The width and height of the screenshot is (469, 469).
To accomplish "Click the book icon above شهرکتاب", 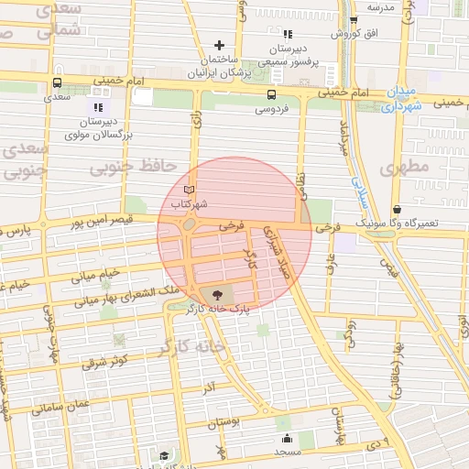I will (190, 188).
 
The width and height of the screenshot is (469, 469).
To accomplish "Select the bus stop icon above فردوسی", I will (271, 94).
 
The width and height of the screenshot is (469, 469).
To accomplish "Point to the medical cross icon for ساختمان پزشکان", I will (219, 45).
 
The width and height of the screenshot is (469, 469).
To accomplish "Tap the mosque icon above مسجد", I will (287, 438).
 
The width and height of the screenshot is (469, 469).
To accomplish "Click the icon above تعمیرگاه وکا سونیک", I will (396, 210).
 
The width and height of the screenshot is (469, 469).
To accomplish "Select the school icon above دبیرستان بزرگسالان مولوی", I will (99, 107).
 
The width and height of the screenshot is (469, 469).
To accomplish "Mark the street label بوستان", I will (223, 423).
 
